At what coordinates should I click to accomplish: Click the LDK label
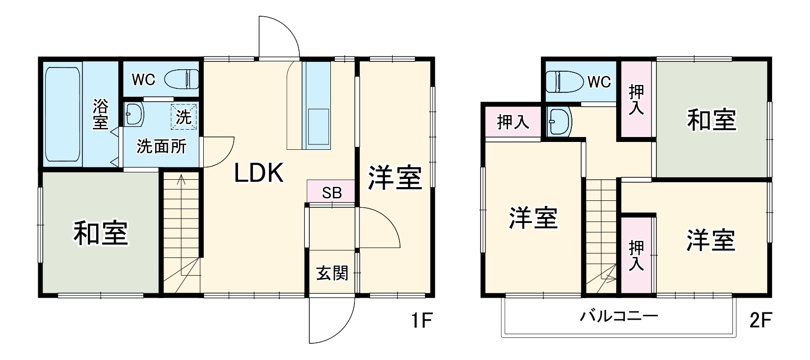[259, 173]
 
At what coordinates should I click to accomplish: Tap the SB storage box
[331, 192]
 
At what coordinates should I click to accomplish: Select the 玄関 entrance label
[332, 273]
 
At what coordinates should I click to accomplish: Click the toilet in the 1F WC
[181, 79]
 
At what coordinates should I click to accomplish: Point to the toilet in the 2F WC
[562, 81]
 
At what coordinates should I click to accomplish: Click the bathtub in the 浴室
[62, 115]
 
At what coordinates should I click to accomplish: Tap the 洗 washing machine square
[183, 117]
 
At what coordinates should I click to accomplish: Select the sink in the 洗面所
[133, 114]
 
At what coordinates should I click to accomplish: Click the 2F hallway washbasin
[559, 121]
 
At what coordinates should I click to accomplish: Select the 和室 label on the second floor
[711, 120]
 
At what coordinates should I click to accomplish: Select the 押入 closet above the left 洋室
[513, 122]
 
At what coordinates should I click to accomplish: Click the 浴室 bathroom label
[100, 114]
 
